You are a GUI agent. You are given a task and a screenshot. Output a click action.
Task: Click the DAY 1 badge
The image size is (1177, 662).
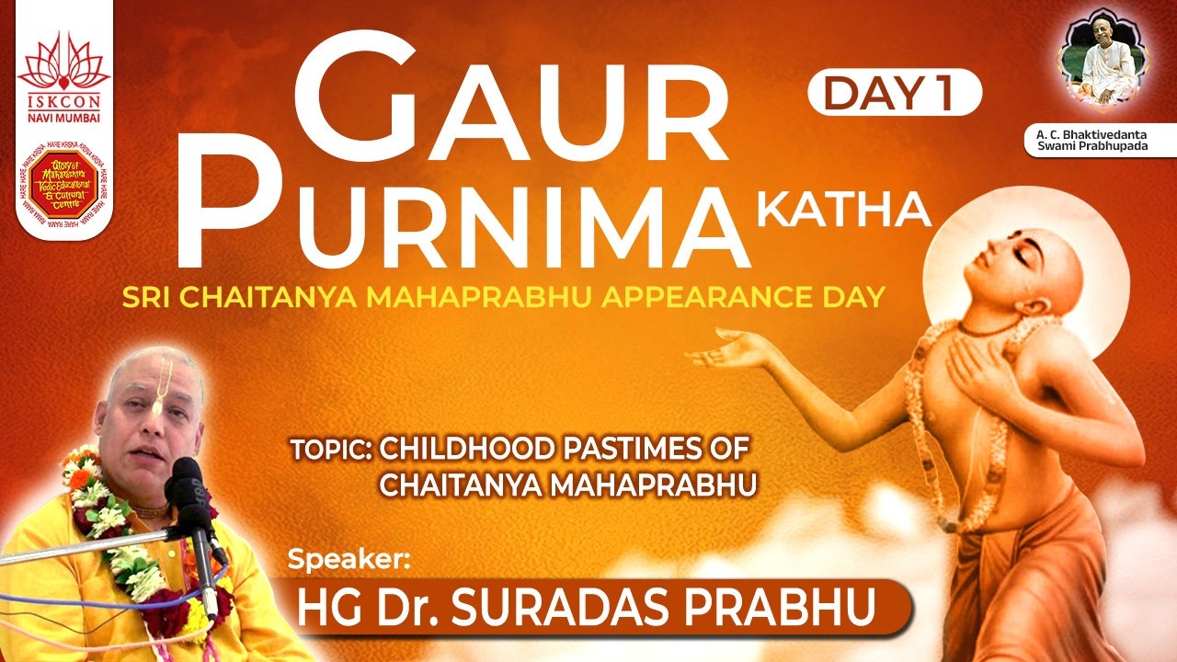tap(894, 92)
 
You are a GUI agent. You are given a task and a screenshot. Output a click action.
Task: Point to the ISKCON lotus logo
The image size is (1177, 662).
tap(63, 63)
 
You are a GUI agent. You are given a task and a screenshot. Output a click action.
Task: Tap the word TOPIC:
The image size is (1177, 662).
tap(331, 450)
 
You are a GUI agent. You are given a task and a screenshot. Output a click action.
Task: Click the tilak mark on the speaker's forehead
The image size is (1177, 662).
tap(165, 385)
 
